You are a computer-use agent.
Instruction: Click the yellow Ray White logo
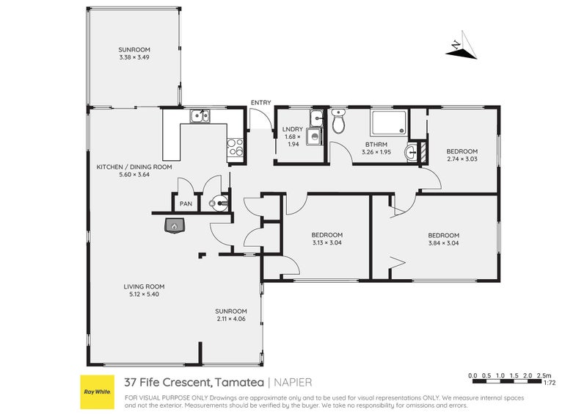(98, 391)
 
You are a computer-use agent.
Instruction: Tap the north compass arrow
(462, 46)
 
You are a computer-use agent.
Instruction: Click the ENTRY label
(261, 103)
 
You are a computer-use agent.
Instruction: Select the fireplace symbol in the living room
(175, 225)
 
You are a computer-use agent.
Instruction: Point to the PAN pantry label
(186, 204)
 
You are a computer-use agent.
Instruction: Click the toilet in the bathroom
(339, 121)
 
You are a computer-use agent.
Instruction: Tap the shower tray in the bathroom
(389, 123)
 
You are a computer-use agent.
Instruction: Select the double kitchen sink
(200, 116)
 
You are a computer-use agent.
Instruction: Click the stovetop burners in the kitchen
(236, 147)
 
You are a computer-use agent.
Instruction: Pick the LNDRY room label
(293, 129)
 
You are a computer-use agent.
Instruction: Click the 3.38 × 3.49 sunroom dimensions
(134, 57)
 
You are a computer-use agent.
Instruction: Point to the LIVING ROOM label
(144, 286)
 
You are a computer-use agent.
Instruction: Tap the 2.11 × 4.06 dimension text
(231, 319)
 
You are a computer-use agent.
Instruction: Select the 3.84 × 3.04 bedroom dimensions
(444, 243)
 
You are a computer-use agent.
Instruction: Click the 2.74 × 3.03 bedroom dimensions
(462, 159)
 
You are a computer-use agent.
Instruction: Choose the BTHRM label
(376, 144)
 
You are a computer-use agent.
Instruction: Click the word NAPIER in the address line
(293, 383)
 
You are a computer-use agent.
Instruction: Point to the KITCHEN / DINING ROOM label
(134, 167)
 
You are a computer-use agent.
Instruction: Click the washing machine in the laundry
(314, 137)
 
